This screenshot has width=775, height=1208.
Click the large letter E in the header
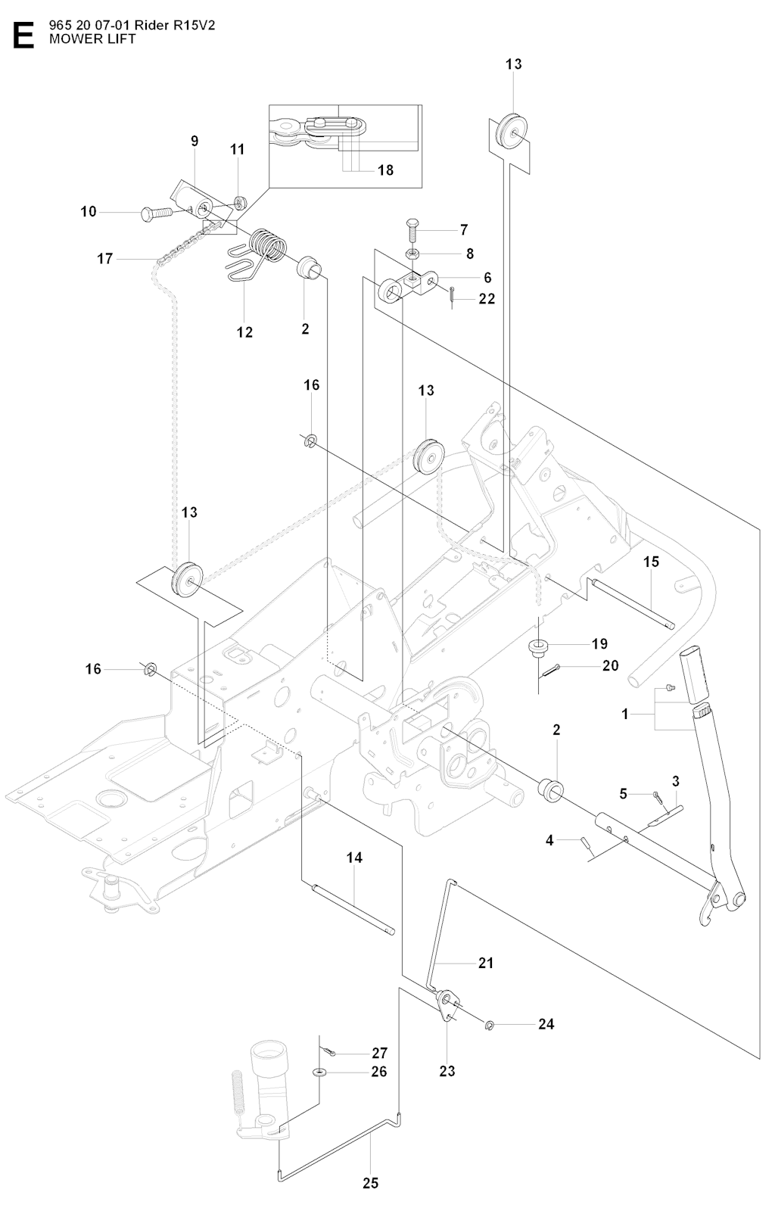(x=23, y=36)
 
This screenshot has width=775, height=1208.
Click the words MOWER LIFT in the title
(x=92, y=39)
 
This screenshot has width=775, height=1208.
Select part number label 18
(x=385, y=170)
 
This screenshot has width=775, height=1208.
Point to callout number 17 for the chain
(x=104, y=259)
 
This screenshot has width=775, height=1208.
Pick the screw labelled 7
(x=413, y=225)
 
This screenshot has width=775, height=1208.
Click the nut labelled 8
(x=412, y=253)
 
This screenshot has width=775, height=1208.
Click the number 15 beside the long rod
(x=652, y=562)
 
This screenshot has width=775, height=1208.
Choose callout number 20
(x=610, y=665)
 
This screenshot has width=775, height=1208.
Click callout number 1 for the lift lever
(x=625, y=714)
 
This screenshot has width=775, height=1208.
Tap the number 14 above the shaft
(x=354, y=858)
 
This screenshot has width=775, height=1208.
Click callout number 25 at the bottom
(x=370, y=1183)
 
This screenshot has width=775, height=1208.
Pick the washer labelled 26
(x=320, y=1072)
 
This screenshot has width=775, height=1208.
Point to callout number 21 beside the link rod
(x=485, y=963)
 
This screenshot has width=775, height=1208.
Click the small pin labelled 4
(x=587, y=845)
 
